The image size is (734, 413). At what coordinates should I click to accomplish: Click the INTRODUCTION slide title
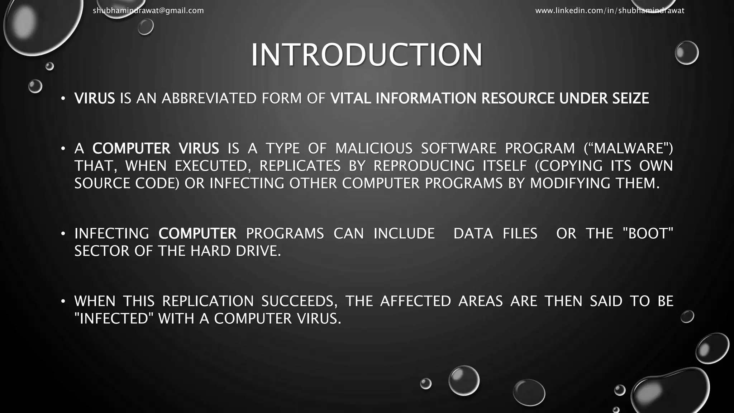coord(367,55)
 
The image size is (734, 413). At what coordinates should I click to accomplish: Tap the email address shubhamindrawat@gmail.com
coord(148,11)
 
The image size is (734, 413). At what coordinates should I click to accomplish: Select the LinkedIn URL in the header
coord(610,11)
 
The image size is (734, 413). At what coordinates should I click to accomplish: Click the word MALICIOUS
coord(374,148)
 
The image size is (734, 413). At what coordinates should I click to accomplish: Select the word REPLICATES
coord(300,166)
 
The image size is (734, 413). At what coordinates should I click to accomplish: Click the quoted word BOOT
coord(648,234)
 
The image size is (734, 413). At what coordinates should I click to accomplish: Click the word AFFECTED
coord(415,301)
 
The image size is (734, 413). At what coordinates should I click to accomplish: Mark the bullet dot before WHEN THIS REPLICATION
coord(63,301)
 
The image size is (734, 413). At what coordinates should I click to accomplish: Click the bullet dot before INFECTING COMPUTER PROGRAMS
coord(63,234)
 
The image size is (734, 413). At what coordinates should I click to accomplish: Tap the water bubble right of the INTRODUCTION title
coord(686,53)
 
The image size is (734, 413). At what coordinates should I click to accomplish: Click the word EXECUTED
coord(211,166)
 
